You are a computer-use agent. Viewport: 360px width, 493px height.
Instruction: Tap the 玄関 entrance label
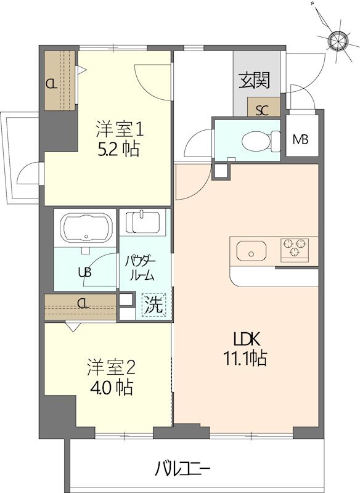[x=254, y=81]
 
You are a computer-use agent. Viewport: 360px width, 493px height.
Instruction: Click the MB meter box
[x=301, y=139]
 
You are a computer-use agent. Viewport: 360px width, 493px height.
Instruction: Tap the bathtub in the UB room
[x=86, y=227]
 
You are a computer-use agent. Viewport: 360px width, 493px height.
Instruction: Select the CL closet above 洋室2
[x=81, y=303]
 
